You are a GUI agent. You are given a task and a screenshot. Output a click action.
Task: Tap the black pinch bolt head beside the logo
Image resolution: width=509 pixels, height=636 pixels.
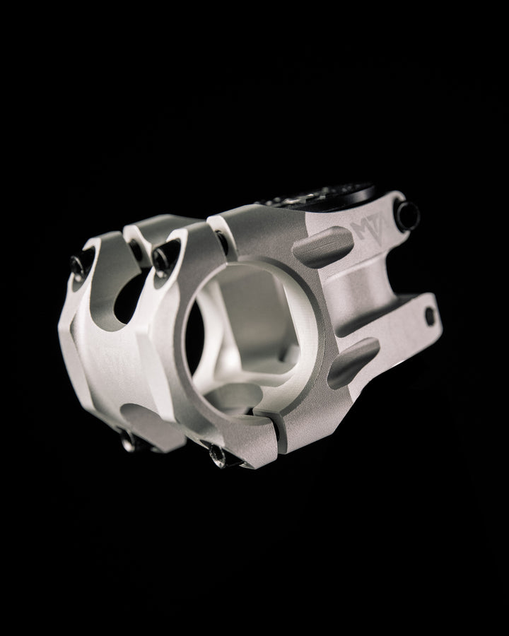click(x=408, y=215)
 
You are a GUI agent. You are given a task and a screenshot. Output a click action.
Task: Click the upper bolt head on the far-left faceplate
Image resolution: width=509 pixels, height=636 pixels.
click(x=79, y=265)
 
